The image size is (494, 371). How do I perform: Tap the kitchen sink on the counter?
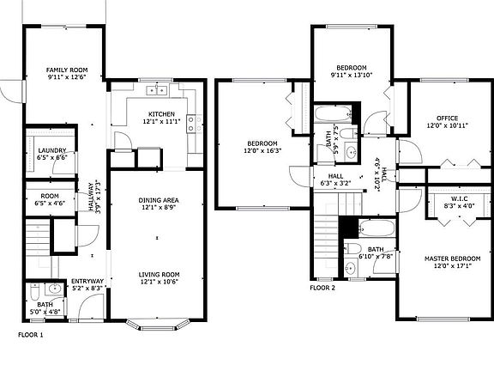pos(156,90)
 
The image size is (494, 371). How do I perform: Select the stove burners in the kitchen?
pos(196,124)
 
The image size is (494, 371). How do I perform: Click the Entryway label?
pos(87,281)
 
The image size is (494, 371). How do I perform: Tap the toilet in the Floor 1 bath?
pos(34,291)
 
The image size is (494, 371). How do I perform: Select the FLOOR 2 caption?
pos(322,288)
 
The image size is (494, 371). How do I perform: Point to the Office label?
pos(447,118)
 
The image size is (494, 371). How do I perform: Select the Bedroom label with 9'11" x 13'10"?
pos(352,68)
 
